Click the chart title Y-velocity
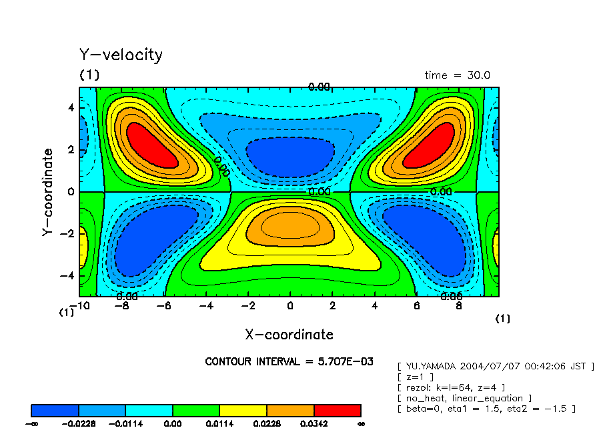(121, 55)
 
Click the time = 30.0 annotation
(457, 75)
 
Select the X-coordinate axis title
(289, 334)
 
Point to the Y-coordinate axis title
(47, 192)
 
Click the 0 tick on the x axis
(289, 306)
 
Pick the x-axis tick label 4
(374, 306)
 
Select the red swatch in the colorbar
(337, 410)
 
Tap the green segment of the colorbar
(196, 410)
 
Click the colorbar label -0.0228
(79, 423)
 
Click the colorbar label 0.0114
(220, 423)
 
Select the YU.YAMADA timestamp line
(495, 366)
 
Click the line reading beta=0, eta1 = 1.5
(486, 409)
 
